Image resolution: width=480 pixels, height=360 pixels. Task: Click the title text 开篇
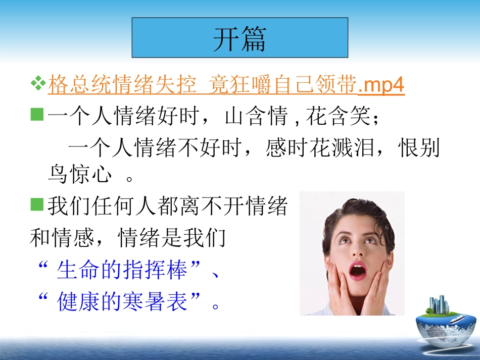pos(239,39)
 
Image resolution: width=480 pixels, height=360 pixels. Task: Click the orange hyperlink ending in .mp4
pos(226,86)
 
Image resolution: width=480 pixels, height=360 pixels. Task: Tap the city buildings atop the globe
pos(438,304)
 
